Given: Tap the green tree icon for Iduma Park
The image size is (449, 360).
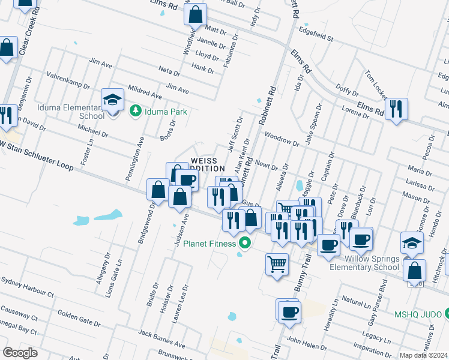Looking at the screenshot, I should pyautogui.click(x=136, y=111).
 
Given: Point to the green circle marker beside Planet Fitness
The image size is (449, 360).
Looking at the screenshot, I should pyautogui.click(x=244, y=243).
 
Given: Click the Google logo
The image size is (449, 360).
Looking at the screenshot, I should pyautogui.click(x=20, y=352).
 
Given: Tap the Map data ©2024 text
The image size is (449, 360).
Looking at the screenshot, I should pyautogui.click(x=423, y=355).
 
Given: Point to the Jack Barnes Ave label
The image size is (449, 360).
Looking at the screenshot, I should pyautogui.click(x=161, y=339).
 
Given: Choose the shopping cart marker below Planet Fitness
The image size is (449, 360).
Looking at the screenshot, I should pyautogui.click(x=276, y=264).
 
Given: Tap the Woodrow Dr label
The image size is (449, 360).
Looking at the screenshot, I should pyautogui.click(x=282, y=139).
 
